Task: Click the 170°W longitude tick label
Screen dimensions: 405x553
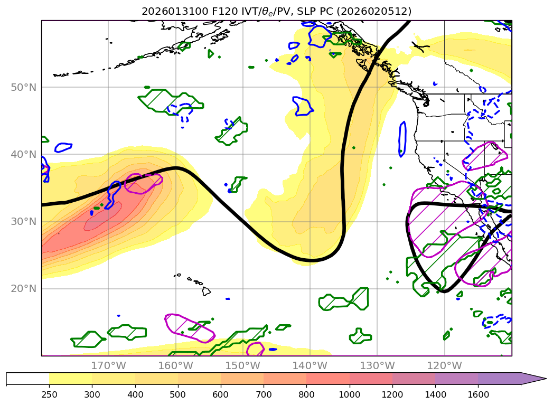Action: tap(108, 365)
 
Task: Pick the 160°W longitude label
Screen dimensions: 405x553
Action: tap(175, 365)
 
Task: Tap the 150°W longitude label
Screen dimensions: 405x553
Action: tap(242, 365)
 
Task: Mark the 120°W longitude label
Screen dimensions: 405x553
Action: tap(444, 365)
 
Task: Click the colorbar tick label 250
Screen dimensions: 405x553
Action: tap(49, 393)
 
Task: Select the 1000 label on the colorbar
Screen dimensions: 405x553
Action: tap(349, 393)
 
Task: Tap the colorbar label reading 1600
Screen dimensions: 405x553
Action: tap(478, 393)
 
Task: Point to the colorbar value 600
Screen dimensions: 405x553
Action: tap(221, 393)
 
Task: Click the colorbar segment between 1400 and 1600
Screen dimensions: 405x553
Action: tap(456, 379)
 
